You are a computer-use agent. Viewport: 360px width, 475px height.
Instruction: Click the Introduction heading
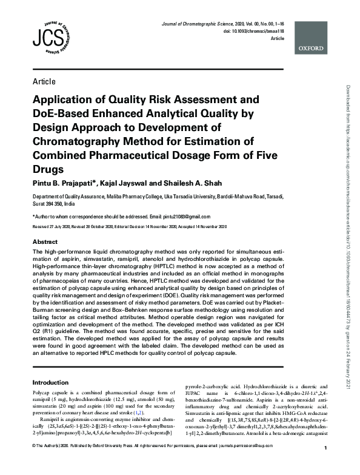50,383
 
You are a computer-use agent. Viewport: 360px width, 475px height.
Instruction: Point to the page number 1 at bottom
325,465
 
